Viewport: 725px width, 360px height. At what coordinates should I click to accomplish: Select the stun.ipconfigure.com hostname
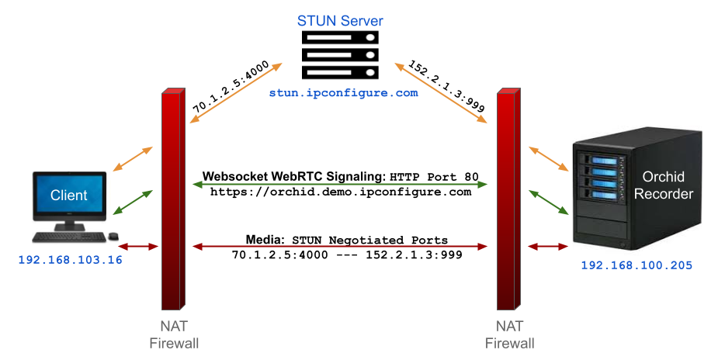pos(343,93)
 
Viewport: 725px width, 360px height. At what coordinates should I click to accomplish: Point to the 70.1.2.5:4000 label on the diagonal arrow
pos(231,88)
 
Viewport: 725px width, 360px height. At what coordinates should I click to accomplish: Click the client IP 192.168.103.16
pos(70,260)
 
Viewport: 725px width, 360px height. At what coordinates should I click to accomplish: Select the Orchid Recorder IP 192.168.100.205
pos(637,265)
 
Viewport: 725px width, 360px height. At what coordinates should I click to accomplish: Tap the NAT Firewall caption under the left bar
pos(173,334)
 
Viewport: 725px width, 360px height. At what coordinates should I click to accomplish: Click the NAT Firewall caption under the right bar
pos(509,334)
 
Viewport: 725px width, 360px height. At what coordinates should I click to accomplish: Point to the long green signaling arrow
pos(340,184)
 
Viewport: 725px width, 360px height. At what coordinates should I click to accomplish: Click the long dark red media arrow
pos(340,247)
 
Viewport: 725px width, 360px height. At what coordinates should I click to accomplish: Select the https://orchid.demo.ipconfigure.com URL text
pos(340,192)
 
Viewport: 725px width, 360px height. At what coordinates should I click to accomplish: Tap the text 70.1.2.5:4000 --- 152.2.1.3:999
pos(340,254)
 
